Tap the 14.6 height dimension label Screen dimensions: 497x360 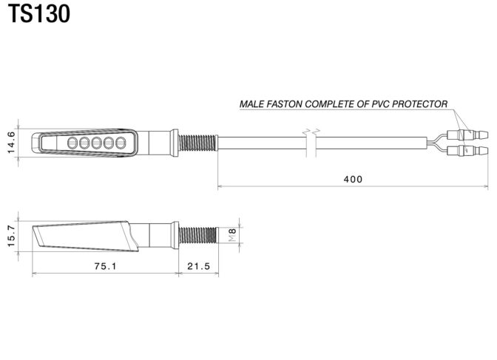[x=11, y=143]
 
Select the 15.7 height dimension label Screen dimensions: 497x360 [x=11, y=236]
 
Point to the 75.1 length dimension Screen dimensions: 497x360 [x=105, y=266]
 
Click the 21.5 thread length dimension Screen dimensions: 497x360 [x=198, y=266]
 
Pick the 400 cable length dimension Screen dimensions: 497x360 [x=353, y=180]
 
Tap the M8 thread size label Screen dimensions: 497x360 [x=233, y=235]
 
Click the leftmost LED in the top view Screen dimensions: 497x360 [x=72, y=143]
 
